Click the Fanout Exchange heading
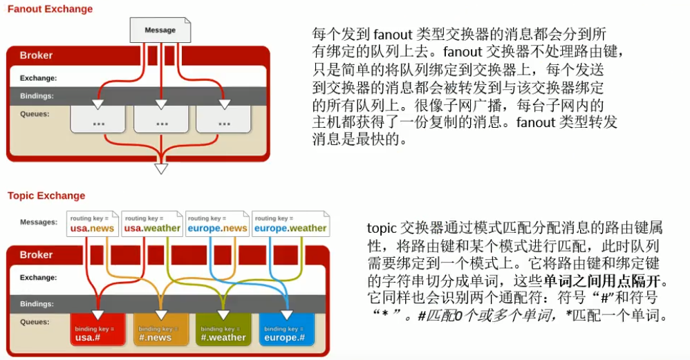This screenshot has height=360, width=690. tap(49, 9)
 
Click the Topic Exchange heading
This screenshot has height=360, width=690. tap(46, 196)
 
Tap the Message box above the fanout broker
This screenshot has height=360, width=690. tap(160, 30)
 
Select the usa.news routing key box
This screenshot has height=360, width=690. tap(93, 224)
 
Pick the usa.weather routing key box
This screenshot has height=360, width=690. tap(152, 224)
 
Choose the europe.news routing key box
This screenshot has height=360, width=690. tap(217, 224)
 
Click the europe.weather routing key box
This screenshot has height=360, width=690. tap(290, 224)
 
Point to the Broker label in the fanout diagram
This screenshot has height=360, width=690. tap(36, 55)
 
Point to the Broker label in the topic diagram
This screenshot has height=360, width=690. tap(36, 254)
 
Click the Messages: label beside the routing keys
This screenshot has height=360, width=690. tap(39, 222)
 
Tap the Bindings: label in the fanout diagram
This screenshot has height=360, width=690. tap(37, 96)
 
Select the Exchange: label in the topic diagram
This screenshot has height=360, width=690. tap(39, 278)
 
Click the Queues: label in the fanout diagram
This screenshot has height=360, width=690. tap(35, 114)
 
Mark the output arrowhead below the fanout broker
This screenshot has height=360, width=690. tap(161, 169)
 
